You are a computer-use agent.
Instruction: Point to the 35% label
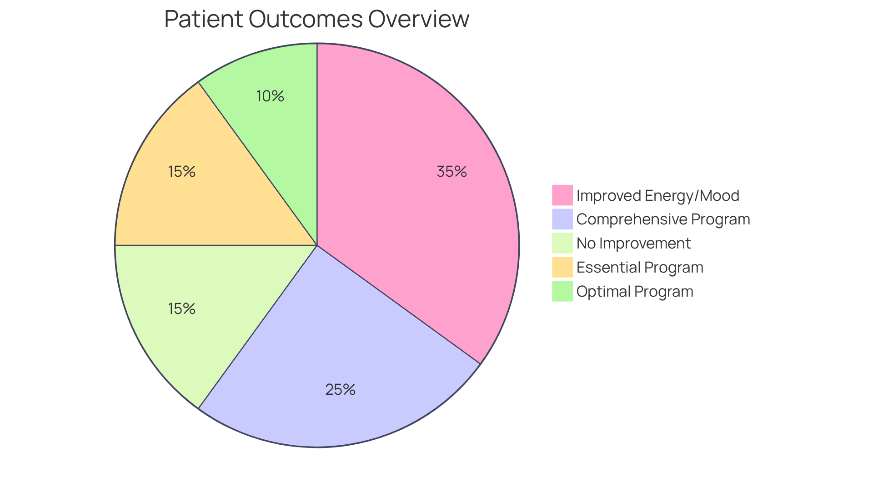click(x=452, y=172)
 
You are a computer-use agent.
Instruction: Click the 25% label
click(x=340, y=390)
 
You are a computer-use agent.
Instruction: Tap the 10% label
click(x=270, y=96)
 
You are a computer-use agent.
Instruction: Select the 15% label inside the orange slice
click(x=181, y=172)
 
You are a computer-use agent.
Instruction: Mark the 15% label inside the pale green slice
click(x=181, y=309)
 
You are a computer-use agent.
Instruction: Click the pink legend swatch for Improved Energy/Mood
click(x=562, y=195)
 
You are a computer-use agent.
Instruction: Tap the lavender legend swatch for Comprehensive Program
click(x=562, y=219)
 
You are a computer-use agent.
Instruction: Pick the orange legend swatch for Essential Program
click(x=562, y=267)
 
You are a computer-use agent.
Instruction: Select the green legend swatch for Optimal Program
click(x=562, y=291)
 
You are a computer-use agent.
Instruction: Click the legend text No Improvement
click(x=633, y=244)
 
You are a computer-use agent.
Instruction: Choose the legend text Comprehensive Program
click(x=663, y=219)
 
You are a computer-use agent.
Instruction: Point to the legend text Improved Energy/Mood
click(x=657, y=196)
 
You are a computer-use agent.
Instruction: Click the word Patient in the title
click(x=203, y=19)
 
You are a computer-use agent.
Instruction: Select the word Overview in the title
click(x=418, y=19)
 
